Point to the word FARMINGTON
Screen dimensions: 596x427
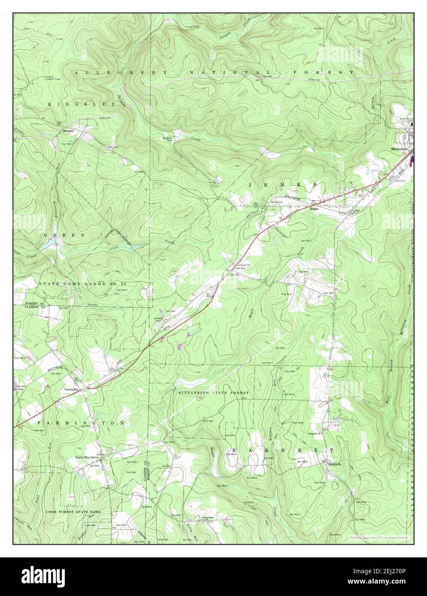(81, 423)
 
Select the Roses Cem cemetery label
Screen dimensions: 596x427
(279, 204)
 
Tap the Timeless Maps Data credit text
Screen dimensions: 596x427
(379, 537)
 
